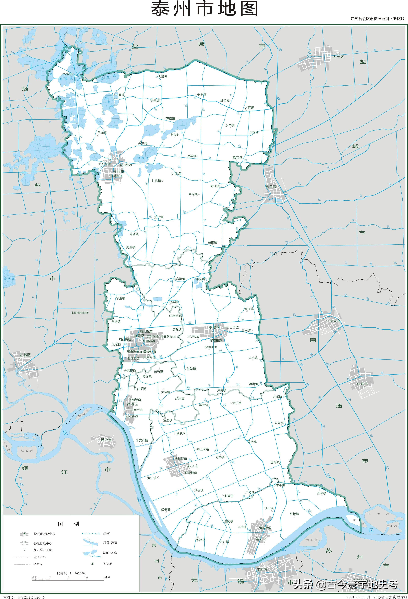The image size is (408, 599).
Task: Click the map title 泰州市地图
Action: pyautogui.click(x=204, y=9)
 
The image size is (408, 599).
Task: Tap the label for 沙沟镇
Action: pyautogui.click(x=68, y=74)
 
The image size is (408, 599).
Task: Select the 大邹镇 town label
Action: pyautogui.click(x=163, y=77)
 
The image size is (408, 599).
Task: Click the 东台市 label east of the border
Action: pyautogui.click(x=271, y=187)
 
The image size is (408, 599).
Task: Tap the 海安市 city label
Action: pyautogui.click(x=335, y=321)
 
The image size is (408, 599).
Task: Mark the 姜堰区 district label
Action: pyautogui.click(x=214, y=327)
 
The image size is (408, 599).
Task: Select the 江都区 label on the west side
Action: pyautogui.click(x=25, y=355)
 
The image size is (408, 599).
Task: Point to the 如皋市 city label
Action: pyautogui.click(x=362, y=384)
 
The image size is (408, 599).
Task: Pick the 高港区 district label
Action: pyautogui.click(x=133, y=404)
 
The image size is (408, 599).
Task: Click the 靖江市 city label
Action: pyautogui.click(x=261, y=539)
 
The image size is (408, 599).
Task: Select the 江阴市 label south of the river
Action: pyautogui.click(x=262, y=569)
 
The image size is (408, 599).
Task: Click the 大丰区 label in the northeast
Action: pyautogui.click(x=338, y=57)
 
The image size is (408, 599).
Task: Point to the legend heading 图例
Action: pyautogui.click(x=68, y=524)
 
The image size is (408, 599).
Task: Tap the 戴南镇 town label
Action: pyautogui.click(x=212, y=242)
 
